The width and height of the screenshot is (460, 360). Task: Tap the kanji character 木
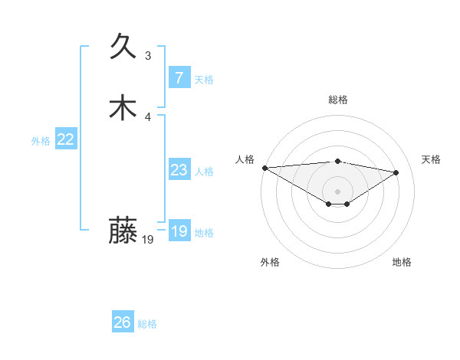[123, 107]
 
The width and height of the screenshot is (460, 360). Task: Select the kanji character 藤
[123, 230]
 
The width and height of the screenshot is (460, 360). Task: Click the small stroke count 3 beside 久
[148, 56]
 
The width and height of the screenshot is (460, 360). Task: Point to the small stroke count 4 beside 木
[148, 116]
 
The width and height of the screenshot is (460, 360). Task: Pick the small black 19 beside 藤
[148, 240]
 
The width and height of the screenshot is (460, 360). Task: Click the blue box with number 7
[179, 78]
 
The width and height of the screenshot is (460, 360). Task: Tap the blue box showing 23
[179, 170]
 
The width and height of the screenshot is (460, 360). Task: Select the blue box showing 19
[179, 231]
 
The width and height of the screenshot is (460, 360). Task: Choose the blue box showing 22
[65, 139]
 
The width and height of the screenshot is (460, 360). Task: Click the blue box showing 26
[122, 322]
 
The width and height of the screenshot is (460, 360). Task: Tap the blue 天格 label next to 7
[204, 80]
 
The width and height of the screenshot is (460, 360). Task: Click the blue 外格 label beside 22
[41, 141]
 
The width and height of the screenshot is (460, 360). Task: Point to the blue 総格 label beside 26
[147, 324]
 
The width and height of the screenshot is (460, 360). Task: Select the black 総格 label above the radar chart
[337, 100]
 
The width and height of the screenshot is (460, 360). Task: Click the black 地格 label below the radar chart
[402, 262]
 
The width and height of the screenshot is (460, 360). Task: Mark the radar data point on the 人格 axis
[264, 168]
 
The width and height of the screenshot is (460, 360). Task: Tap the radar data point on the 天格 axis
[396, 172]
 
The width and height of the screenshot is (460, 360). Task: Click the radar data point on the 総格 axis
[337, 161]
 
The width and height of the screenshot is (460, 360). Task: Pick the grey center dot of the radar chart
[337, 191]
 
